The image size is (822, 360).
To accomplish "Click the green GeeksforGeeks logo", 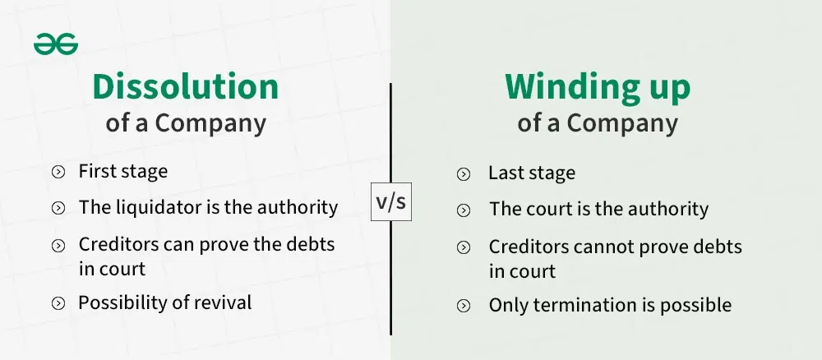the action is coord(56,44).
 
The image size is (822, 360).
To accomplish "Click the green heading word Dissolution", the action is coord(186,87).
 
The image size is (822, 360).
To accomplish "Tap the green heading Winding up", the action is coord(598,88).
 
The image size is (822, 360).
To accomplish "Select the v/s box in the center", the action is coord(391,201).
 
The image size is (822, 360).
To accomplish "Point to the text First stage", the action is coord(123,171).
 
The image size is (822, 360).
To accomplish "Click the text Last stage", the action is coord(532,173).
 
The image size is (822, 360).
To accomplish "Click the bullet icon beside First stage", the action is coord(58,172).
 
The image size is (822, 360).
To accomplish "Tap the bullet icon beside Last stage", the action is coord(464,174).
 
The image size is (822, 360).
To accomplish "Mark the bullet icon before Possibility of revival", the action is coord(58,303).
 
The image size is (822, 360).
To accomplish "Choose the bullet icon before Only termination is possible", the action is coord(464,306).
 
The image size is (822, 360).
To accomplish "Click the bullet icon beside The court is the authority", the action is coord(464,210).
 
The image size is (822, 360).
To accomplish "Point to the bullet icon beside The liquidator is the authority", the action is coord(58,208).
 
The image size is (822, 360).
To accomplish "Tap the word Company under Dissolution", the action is coord(210,124).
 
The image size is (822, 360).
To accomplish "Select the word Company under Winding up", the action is coord(622,124).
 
